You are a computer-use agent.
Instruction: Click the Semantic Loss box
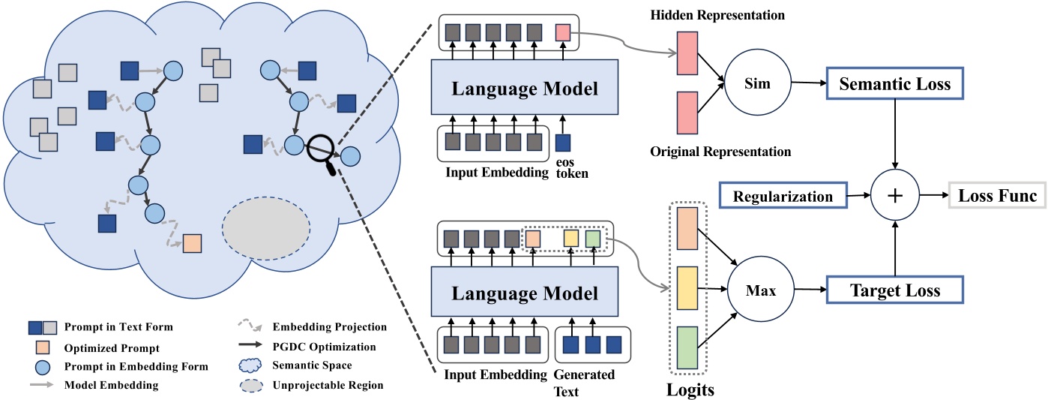[x=894, y=85]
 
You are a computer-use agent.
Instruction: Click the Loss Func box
[x=997, y=196]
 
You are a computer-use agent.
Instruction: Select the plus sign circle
[x=894, y=197]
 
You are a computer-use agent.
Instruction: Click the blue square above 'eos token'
[x=563, y=142]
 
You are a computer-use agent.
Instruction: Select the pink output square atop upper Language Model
[x=563, y=32]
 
